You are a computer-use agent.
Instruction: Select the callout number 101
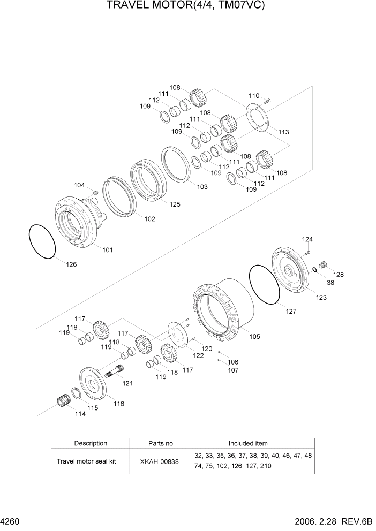coord(108,249)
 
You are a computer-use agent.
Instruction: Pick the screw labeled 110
coord(268,100)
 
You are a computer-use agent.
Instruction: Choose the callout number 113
coord(283,132)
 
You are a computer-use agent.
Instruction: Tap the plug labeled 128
coord(322,264)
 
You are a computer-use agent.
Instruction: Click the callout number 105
coord(255,337)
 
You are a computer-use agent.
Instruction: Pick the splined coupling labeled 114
coord(64,401)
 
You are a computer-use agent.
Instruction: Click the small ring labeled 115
coord(77,395)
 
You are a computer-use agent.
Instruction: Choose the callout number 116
coord(118,404)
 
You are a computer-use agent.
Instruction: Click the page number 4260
coord(12,521)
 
